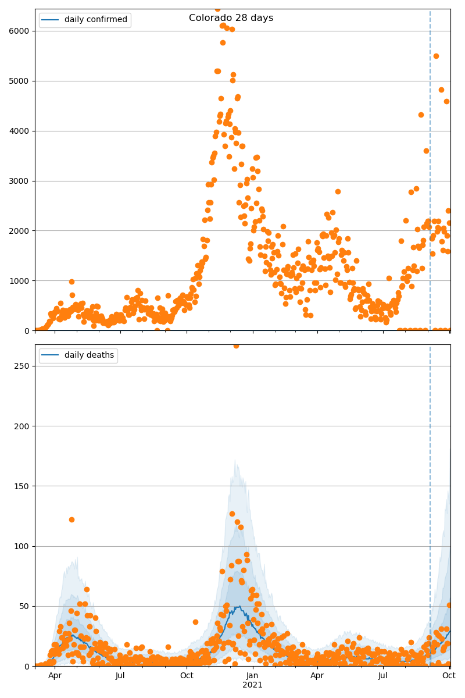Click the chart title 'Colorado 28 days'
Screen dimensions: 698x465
coord(231,18)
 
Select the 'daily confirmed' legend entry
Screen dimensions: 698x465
coord(95,20)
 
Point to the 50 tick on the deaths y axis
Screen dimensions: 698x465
coord(26,606)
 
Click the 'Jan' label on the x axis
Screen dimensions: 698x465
coord(252,676)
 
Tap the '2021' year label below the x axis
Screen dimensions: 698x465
coord(252,685)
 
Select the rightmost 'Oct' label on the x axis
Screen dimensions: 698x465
coord(448,676)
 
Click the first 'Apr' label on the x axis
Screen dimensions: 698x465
coord(55,676)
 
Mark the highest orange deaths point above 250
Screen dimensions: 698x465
coord(236,346)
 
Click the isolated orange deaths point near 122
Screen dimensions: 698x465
coord(71,519)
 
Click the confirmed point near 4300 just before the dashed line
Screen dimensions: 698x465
coord(421,115)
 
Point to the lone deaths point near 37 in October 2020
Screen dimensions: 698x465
coord(195,622)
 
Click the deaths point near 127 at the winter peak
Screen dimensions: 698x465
coord(232,514)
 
